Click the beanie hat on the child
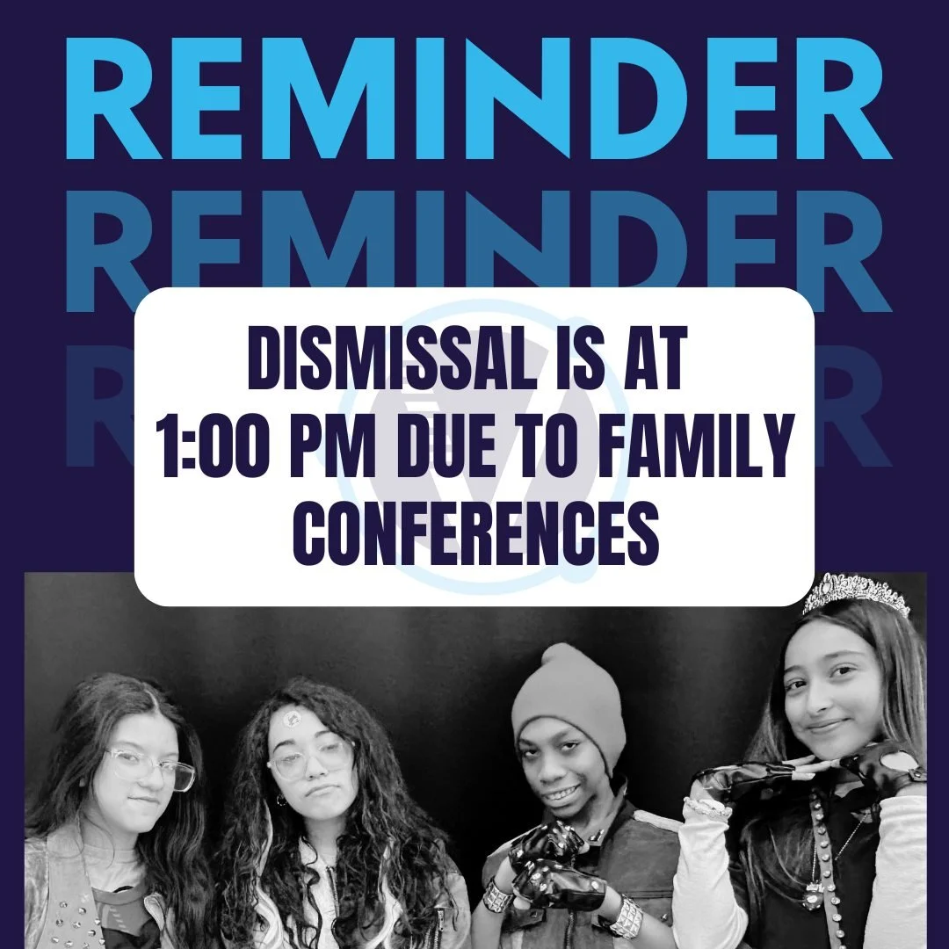(569, 694)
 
